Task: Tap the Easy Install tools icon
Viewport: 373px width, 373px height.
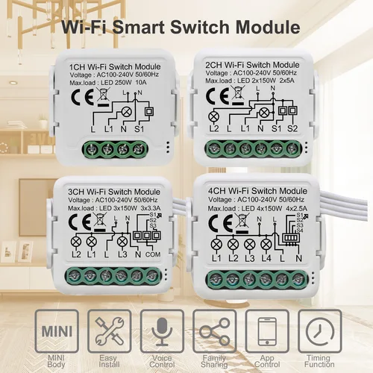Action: click(109, 330)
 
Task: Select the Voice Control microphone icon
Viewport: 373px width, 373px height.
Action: click(162, 330)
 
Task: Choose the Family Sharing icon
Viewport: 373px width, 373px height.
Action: click(215, 330)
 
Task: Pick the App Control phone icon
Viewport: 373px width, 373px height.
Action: click(268, 330)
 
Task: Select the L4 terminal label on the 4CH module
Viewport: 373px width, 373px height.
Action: click(267, 258)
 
